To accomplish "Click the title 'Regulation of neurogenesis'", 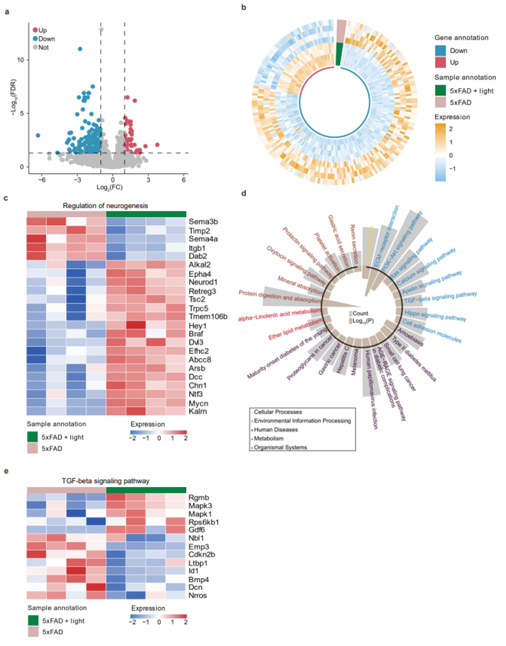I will (106, 205).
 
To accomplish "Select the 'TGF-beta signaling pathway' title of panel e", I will (106, 481).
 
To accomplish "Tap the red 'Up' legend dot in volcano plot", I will (36, 29).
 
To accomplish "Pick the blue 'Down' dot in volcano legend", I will (36, 39).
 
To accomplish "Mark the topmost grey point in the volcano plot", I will (101, 29).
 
